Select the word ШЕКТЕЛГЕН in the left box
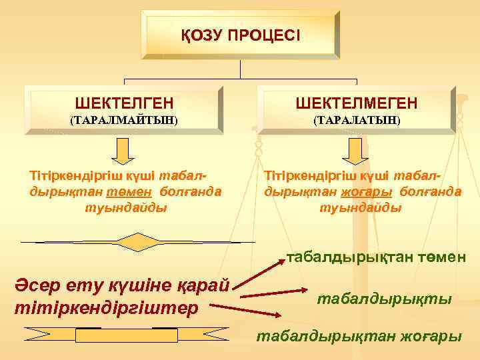pyautogui.click(x=125, y=103)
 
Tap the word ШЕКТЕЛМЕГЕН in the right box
pyautogui.click(x=357, y=103)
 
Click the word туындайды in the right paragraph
pyautogui.click(x=361, y=207)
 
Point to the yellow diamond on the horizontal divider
pyautogui.click(x=136, y=241)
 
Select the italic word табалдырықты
pyautogui.click(x=383, y=299)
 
